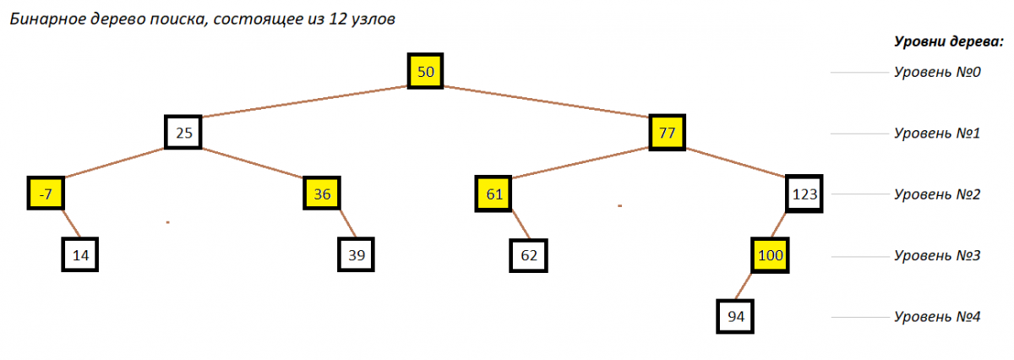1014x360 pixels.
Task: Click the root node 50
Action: tap(425, 71)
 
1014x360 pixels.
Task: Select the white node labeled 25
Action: tap(183, 132)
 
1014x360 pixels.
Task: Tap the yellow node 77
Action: tap(667, 132)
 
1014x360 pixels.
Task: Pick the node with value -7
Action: tap(46, 194)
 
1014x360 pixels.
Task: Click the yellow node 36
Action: tap(322, 194)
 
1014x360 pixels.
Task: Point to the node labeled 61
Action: tap(493, 194)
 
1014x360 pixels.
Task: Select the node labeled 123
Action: tap(804, 194)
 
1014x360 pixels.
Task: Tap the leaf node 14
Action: tap(80, 254)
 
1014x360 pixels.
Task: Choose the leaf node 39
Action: tap(357, 254)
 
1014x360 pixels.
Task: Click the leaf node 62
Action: tap(528, 255)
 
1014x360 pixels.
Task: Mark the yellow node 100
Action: tap(770, 255)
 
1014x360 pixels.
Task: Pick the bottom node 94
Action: tap(735, 317)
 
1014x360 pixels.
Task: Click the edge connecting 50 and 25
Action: tap(305, 101)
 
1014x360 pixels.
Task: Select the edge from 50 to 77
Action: tap(546, 101)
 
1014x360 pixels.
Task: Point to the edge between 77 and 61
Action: tap(581, 162)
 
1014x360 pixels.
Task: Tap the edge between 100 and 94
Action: tap(743, 286)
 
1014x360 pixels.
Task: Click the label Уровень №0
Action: tap(937, 72)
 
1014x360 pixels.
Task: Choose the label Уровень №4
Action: tap(937, 317)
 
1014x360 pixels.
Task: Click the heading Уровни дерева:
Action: tap(949, 41)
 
